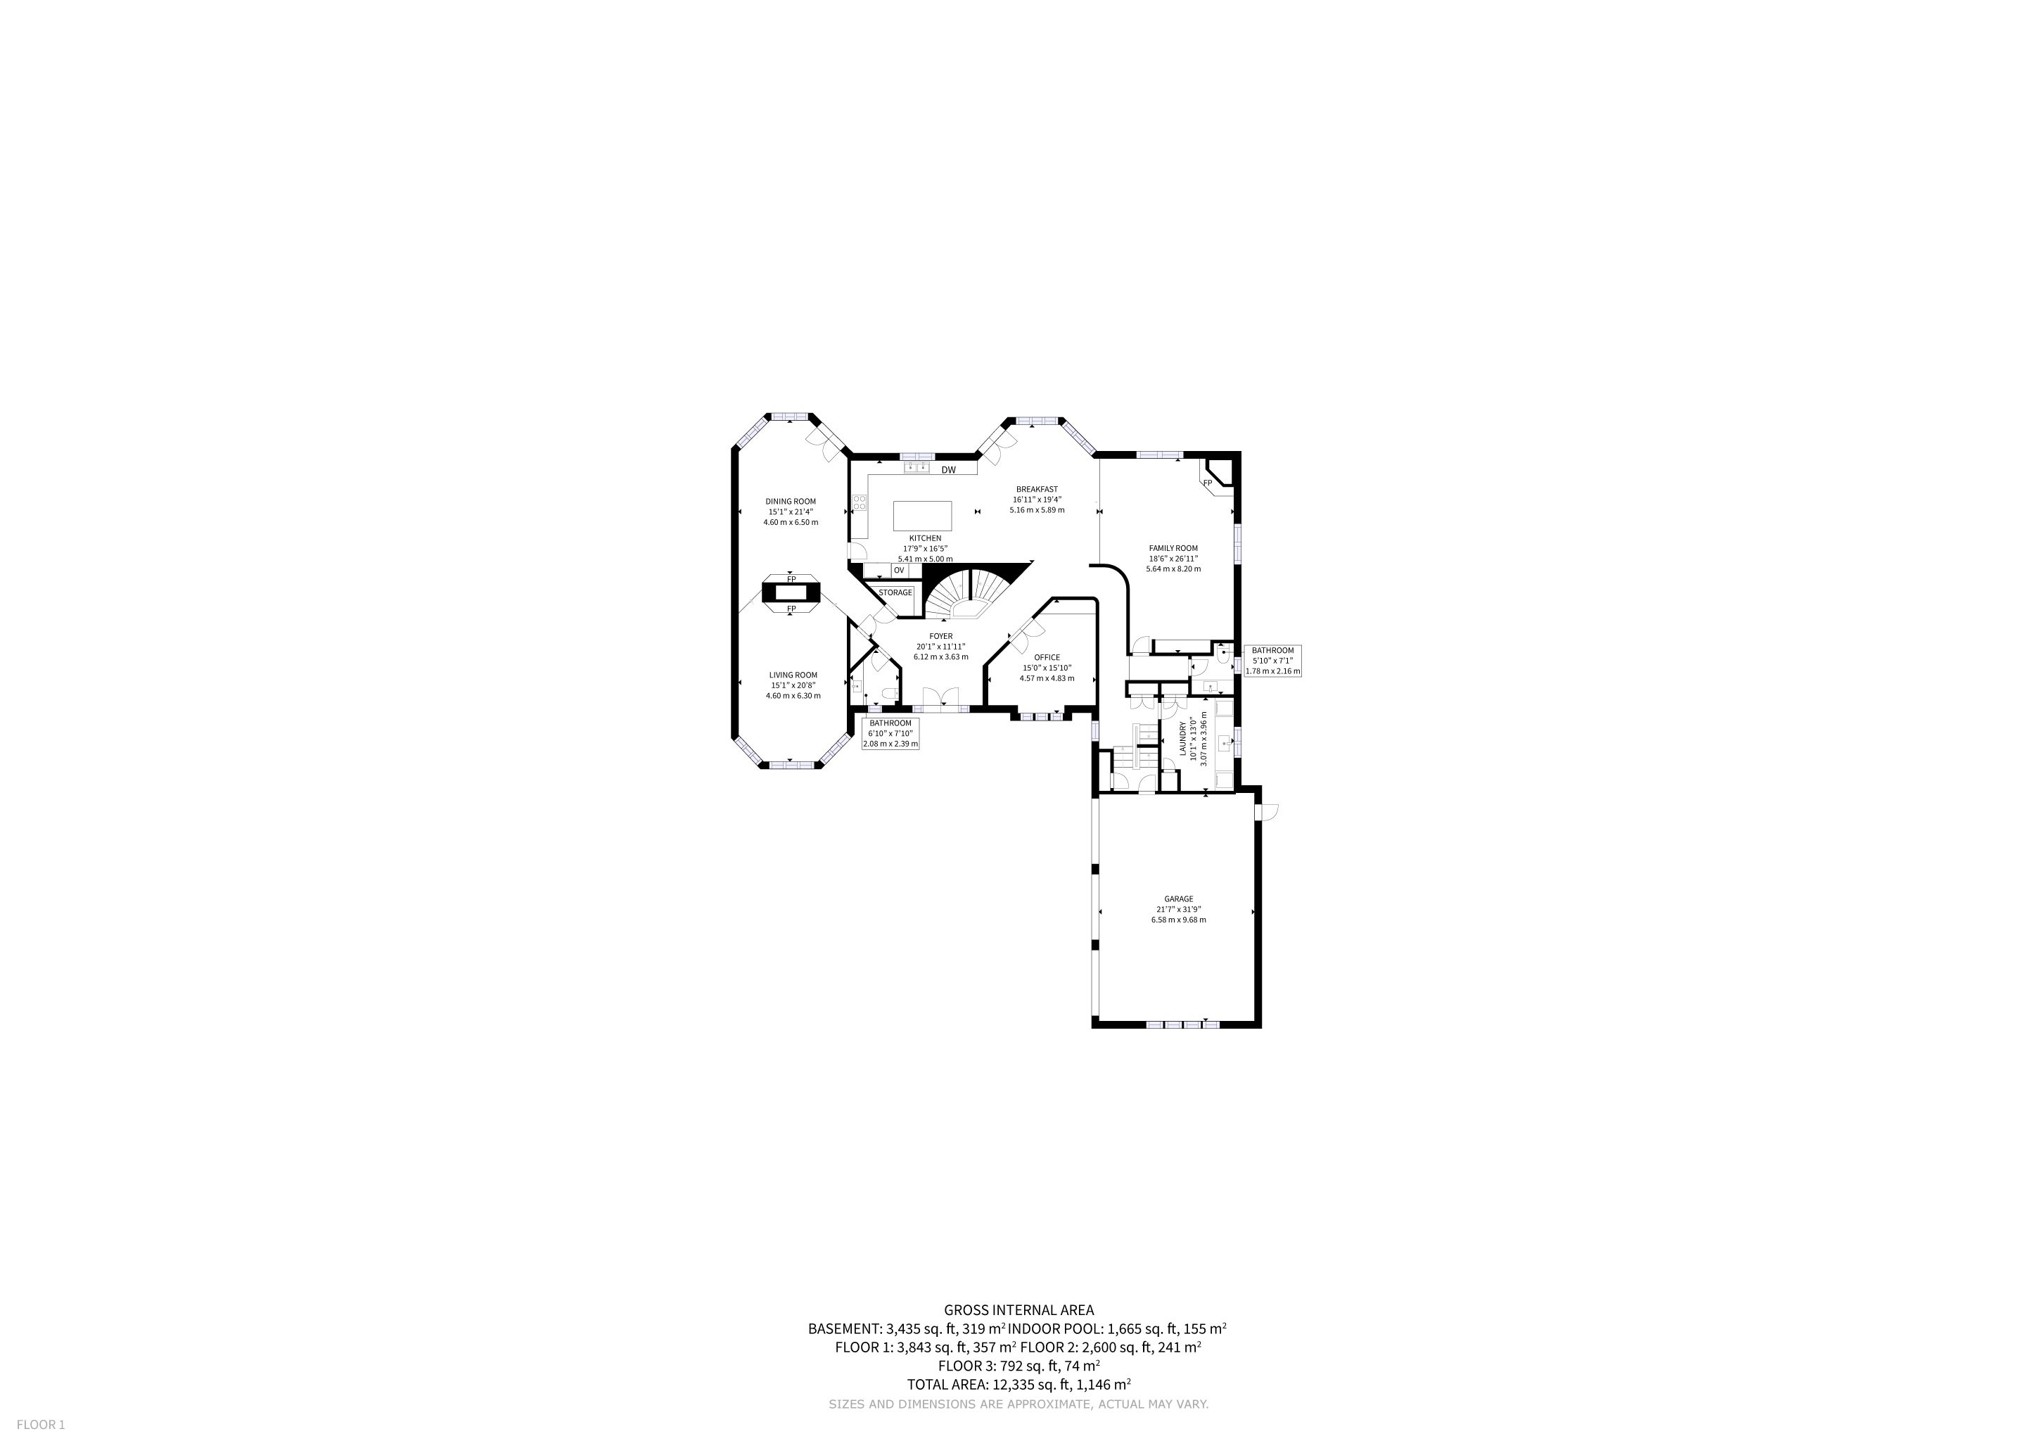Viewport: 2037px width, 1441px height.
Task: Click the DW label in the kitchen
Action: (x=948, y=470)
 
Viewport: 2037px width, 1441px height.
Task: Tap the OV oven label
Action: (x=899, y=570)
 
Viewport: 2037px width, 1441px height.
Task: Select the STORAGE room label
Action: (x=895, y=592)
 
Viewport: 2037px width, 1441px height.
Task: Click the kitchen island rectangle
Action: (x=923, y=516)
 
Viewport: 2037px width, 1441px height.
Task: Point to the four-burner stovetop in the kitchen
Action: (x=238, y=503)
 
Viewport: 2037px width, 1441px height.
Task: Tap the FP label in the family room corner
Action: (x=1208, y=483)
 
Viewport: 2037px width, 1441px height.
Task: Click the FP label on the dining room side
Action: (x=791, y=578)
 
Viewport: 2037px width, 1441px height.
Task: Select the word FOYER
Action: (x=941, y=636)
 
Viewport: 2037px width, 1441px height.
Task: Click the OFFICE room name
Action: (x=1047, y=657)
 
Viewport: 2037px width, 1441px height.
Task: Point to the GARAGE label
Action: (x=1179, y=899)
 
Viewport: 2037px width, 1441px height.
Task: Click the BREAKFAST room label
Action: (x=1037, y=489)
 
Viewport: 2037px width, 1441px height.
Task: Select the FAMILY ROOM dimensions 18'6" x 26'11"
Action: (x=1174, y=558)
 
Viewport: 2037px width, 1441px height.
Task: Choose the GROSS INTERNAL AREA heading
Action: (x=1018, y=1309)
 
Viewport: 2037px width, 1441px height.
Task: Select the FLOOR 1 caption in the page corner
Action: (x=41, y=1425)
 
